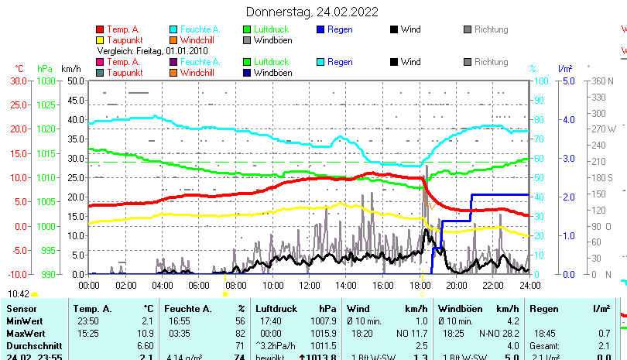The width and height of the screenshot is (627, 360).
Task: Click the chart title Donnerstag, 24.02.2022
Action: pos(312,12)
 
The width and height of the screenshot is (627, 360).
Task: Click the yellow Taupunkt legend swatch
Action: pos(101,39)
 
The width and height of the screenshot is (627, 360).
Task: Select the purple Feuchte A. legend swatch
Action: pos(174,62)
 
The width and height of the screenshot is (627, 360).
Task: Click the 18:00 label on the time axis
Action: pos(420,285)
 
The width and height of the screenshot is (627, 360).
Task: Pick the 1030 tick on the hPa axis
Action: pos(46,81)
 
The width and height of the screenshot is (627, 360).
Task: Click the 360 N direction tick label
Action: pos(601,81)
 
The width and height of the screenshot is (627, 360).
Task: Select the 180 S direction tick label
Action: pos(601,177)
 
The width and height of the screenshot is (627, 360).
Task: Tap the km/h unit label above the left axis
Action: pos(71,68)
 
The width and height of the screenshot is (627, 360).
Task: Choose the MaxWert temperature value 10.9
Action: pos(146,321)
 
